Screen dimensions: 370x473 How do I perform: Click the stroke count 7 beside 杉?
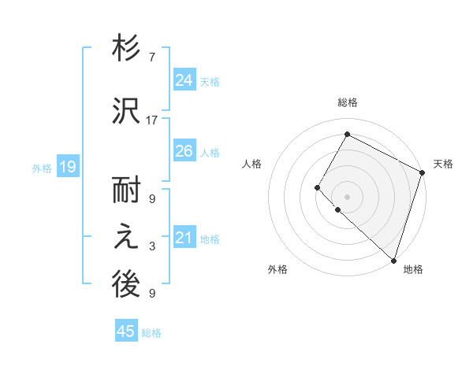coord(151,57)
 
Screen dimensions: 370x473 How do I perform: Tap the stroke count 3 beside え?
coord(151,247)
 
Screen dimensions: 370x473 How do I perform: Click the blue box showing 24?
coord(184,80)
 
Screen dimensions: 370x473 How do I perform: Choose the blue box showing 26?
coord(184,151)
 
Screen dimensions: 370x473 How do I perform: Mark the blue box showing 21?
coord(184,238)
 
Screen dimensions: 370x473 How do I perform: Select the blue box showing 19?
coord(67,166)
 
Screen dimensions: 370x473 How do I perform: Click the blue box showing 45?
coord(125,331)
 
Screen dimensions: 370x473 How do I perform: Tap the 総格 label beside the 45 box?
coord(151,333)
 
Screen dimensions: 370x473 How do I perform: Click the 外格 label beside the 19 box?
coord(42,168)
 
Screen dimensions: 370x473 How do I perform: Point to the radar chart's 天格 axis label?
coord(443,165)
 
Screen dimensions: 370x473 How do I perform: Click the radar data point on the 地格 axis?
coord(393,260)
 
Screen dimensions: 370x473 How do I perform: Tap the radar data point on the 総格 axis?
coord(347,134)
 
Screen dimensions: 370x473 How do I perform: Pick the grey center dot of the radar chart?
coord(347,197)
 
